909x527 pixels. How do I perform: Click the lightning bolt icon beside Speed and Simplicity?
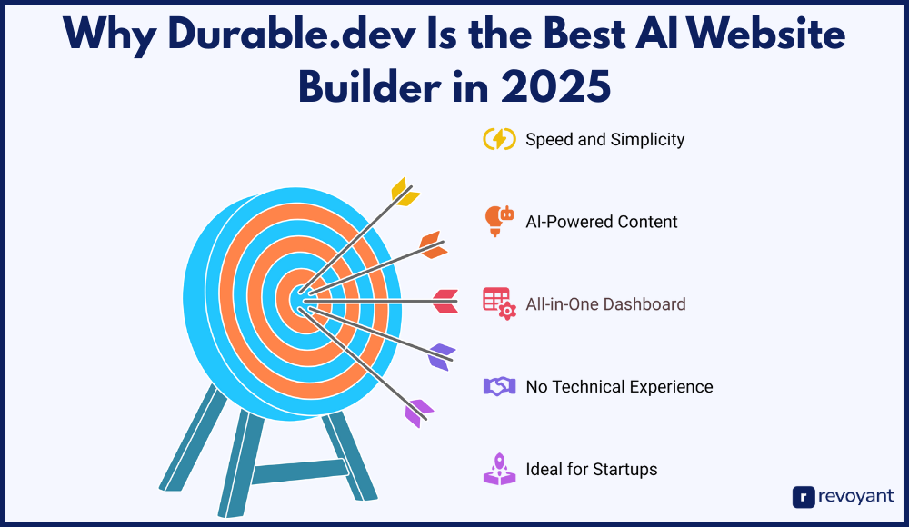tap(499, 139)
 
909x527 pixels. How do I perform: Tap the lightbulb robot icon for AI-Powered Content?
tap(498, 221)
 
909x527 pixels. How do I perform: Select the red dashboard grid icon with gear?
tap(499, 303)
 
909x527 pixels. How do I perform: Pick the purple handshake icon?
tap(500, 386)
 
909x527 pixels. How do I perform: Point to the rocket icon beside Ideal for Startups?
tap(500, 469)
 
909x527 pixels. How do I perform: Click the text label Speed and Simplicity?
tap(605, 140)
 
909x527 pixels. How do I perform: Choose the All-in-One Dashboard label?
tap(605, 304)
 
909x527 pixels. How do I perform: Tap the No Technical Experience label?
tap(619, 387)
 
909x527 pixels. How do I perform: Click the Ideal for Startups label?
tap(592, 470)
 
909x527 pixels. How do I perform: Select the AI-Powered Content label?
tap(602, 222)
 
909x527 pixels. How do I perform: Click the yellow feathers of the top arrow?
tap(405, 192)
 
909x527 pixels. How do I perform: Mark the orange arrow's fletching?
tap(434, 244)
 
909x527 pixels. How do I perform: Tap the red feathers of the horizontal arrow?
tap(445, 302)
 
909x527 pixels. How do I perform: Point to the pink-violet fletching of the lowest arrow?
tap(418, 413)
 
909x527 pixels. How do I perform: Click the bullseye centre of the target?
tap(301, 301)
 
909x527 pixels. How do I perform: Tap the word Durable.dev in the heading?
tap(292, 34)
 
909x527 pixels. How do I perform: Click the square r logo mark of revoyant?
tap(804, 497)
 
